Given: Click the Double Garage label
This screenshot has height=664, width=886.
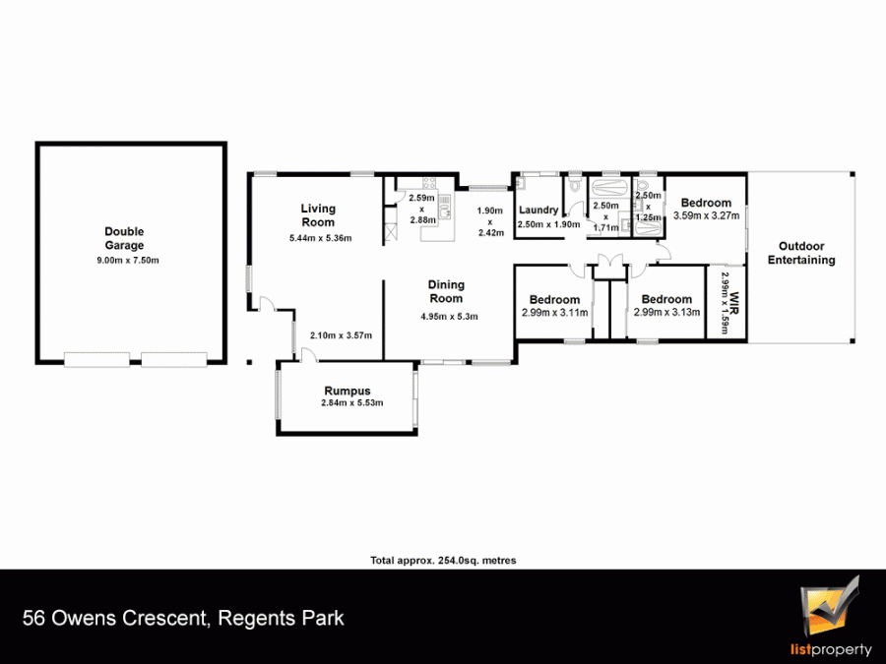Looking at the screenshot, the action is tap(124, 238).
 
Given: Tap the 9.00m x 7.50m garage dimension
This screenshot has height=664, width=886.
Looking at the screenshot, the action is tap(128, 261).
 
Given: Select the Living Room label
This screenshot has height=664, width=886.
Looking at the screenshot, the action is tap(318, 215).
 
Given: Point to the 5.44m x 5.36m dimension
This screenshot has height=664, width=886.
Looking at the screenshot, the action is tap(320, 238).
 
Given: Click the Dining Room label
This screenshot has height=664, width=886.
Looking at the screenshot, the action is tap(446, 291).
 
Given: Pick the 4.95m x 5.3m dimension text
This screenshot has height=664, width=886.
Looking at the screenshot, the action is tap(449, 316).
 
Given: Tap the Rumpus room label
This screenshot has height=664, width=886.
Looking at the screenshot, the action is tap(348, 391).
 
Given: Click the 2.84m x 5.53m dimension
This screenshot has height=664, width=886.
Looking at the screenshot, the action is tap(352, 402).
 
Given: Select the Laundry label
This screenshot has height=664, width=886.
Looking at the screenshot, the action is tap(538, 211).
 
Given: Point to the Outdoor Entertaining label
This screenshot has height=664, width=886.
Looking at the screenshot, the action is tap(801, 253).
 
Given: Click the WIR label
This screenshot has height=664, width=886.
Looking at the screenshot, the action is tap(734, 303).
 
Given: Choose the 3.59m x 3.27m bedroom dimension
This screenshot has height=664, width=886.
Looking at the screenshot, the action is tap(706, 215).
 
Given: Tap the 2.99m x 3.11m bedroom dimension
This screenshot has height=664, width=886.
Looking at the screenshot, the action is tap(554, 312).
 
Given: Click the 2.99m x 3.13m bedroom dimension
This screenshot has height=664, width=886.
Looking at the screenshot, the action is tap(666, 312).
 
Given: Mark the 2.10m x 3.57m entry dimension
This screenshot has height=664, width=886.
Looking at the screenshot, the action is tap(341, 335).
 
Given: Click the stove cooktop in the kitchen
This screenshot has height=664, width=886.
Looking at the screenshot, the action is tap(429, 183).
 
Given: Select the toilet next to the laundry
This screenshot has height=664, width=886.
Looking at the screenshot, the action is tap(576, 184).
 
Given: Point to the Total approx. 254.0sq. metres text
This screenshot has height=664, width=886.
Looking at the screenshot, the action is tap(443, 561).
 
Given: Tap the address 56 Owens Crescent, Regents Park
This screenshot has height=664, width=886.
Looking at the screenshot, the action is tap(183, 619).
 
